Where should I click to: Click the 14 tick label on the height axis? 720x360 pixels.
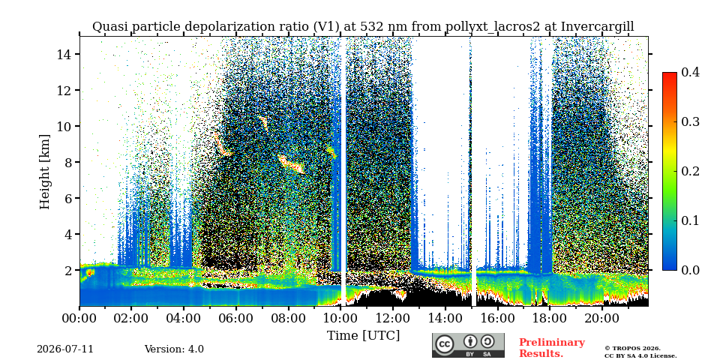pos(66,54)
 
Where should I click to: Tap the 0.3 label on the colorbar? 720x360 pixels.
pos(690,121)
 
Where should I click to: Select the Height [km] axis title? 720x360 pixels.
pos(44,172)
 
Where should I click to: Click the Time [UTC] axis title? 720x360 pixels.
pos(363,336)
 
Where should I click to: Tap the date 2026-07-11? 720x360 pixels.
pos(65,349)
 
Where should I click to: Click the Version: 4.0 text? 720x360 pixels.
pos(174,349)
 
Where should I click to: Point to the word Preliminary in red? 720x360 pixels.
pos(552,343)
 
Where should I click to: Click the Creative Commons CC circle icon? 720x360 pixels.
pos(445,344)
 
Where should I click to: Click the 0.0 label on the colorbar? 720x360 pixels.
pos(690,270)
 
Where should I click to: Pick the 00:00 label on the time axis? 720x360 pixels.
pos(80,317)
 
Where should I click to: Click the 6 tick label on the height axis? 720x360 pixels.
pos(71,198)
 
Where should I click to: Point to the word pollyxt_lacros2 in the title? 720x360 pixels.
pos(493,27)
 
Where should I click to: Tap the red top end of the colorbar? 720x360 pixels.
pos(670,74)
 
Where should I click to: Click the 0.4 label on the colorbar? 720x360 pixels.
pos(690,72)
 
